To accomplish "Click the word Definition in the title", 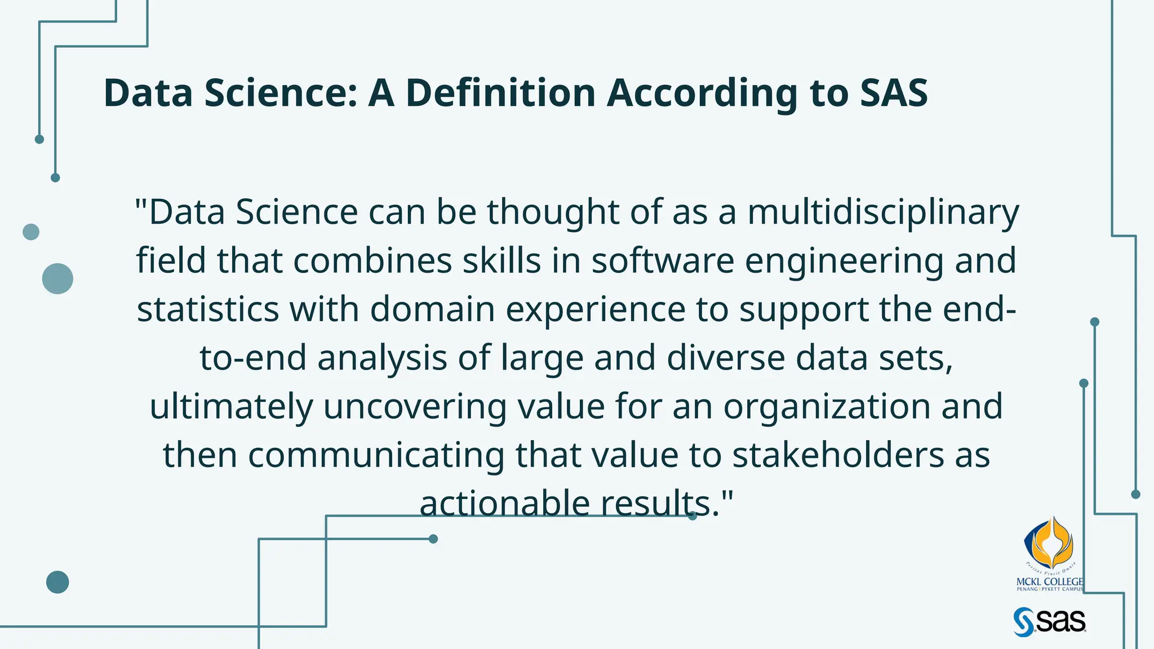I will click(x=500, y=93).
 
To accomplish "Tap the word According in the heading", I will click(x=702, y=93).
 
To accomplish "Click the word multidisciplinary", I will click(x=883, y=212).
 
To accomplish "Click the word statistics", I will click(x=208, y=309).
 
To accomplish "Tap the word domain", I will click(x=432, y=309).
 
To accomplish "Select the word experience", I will click(x=595, y=310).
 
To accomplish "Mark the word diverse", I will click(x=726, y=358).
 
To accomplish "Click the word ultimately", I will click(x=231, y=407).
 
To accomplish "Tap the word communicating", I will click(x=376, y=456).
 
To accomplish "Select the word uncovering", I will click(x=415, y=407).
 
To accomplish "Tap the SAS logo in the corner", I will click(x=1049, y=621).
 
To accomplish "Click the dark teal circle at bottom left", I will click(x=57, y=582).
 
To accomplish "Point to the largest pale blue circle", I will click(x=57, y=278).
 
